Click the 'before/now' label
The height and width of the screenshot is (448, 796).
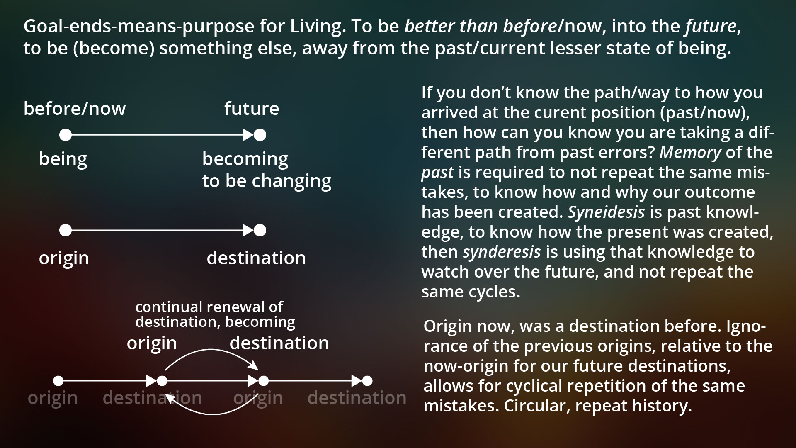tap(75, 109)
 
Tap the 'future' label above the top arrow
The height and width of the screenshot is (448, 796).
tap(252, 109)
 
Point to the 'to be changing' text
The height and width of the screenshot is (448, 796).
tap(267, 181)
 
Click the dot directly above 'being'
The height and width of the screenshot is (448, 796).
tap(66, 135)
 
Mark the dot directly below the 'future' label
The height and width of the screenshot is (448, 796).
tap(260, 135)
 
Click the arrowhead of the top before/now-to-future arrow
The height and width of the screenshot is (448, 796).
tap(248, 135)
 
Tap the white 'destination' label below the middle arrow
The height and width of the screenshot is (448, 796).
tap(256, 258)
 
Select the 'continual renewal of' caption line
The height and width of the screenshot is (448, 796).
tap(209, 307)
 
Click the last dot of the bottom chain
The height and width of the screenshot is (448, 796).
tap(367, 381)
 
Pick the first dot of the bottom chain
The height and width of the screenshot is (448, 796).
tap(58, 381)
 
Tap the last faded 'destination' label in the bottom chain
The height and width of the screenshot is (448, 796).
tap(357, 398)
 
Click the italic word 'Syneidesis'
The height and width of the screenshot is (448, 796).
tap(606, 212)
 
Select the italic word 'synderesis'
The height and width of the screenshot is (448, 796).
tap(502, 252)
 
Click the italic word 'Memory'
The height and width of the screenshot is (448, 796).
tap(690, 153)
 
